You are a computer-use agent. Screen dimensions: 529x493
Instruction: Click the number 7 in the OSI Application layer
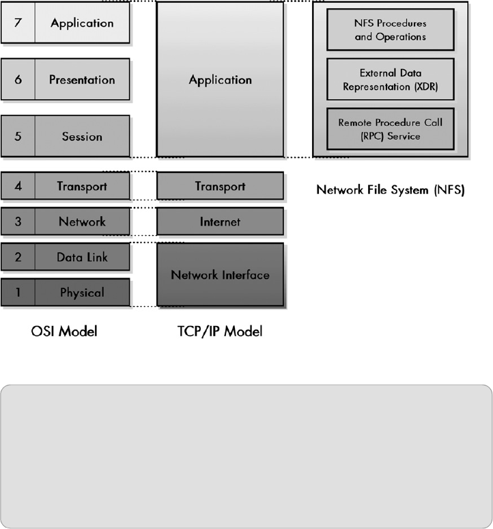point(18,23)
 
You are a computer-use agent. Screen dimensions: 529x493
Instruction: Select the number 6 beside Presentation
point(18,79)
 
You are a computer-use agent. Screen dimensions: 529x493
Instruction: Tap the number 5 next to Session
point(18,136)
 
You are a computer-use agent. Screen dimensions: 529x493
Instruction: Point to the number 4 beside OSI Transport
point(18,186)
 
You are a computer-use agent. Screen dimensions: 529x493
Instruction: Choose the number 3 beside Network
point(18,221)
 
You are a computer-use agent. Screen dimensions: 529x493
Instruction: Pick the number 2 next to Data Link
point(18,257)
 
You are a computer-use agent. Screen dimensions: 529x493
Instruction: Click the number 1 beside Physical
point(18,293)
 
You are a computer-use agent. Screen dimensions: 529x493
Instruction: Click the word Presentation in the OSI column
point(82,79)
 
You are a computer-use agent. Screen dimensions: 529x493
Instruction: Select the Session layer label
point(82,136)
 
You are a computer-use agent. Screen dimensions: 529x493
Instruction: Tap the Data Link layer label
point(82,257)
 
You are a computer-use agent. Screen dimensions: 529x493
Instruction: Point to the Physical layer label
point(82,293)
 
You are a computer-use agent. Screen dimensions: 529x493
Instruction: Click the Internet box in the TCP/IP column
point(220,221)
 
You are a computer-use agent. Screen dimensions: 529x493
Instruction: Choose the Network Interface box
point(220,275)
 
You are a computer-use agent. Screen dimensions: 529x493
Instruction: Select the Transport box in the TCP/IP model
point(220,186)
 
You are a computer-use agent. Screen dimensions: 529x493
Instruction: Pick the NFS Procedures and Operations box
point(390,30)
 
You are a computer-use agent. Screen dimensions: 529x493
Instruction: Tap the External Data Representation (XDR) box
point(390,79)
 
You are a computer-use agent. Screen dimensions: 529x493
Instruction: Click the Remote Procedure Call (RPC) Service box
point(390,129)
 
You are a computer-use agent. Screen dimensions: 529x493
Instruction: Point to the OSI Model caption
point(64,332)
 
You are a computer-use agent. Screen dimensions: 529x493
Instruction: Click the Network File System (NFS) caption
point(390,189)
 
